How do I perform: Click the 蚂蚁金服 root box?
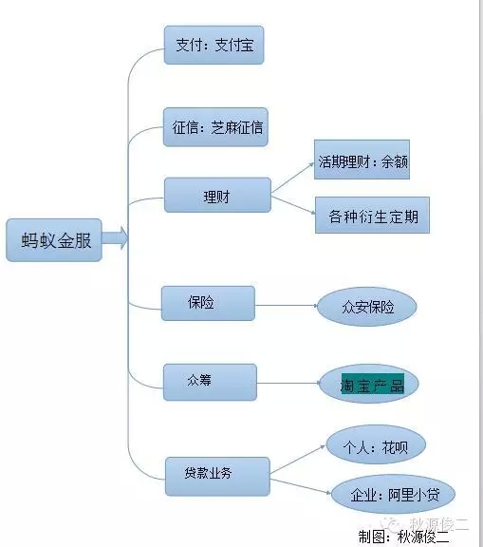coord(54,240)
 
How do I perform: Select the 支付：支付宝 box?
coord(214,45)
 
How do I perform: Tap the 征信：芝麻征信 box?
coord(215,127)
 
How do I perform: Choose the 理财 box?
coord(217,195)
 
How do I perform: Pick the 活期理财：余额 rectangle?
coord(362,160)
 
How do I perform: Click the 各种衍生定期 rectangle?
coord(372,215)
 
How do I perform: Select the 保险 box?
coord(208,303)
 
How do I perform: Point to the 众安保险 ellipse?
coord(367,307)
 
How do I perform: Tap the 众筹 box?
coord(210,382)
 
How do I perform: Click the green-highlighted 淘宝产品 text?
coord(373,384)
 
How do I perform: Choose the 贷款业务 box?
coord(217,476)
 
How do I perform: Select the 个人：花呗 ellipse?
coord(376,444)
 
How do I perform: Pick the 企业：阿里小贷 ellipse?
coord(393,494)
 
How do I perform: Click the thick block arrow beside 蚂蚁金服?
coord(115,238)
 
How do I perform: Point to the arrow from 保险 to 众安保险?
coord(287,306)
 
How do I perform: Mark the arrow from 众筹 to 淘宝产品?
coord(288,383)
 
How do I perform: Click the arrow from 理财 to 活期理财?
coord(292,178)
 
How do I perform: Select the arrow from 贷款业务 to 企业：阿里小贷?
coord(301,486)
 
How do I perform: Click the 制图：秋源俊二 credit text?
coord(403,538)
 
